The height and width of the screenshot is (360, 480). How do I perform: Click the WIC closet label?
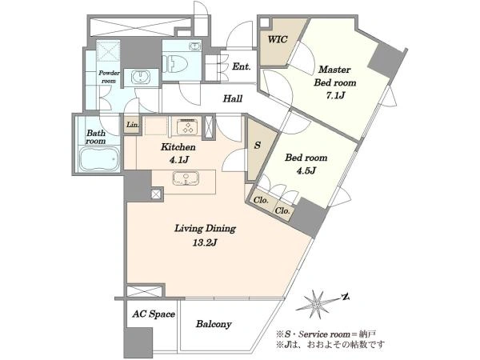tap(278, 39)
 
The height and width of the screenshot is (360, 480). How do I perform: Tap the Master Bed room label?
tap(335, 76)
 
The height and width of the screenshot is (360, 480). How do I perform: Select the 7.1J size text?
tap(335, 95)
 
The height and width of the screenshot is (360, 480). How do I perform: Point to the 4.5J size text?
tap(306, 170)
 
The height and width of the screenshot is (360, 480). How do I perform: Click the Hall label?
tap(233, 98)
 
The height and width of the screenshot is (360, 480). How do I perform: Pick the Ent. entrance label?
tap(242, 66)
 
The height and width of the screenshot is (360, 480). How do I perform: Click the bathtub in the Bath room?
tap(99, 159)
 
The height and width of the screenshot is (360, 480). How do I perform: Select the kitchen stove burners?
tap(188, 126)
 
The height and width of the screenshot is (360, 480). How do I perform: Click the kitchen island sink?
tap(186, 178)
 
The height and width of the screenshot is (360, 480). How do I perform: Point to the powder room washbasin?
tap(141, 77)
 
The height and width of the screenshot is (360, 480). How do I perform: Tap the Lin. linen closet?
tap(132, 124)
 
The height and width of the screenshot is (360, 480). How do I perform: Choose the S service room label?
tap(257, 145)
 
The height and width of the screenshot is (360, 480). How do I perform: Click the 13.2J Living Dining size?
tap(205, 242)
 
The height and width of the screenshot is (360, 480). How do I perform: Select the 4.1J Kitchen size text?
tap(178, 159)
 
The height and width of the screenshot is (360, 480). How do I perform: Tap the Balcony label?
tap(214, 324)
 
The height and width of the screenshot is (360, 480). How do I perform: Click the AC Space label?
tap(154, 314)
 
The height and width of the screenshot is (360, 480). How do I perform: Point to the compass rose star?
tap(316, 304)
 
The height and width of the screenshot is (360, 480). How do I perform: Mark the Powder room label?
tap(109, 77)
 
